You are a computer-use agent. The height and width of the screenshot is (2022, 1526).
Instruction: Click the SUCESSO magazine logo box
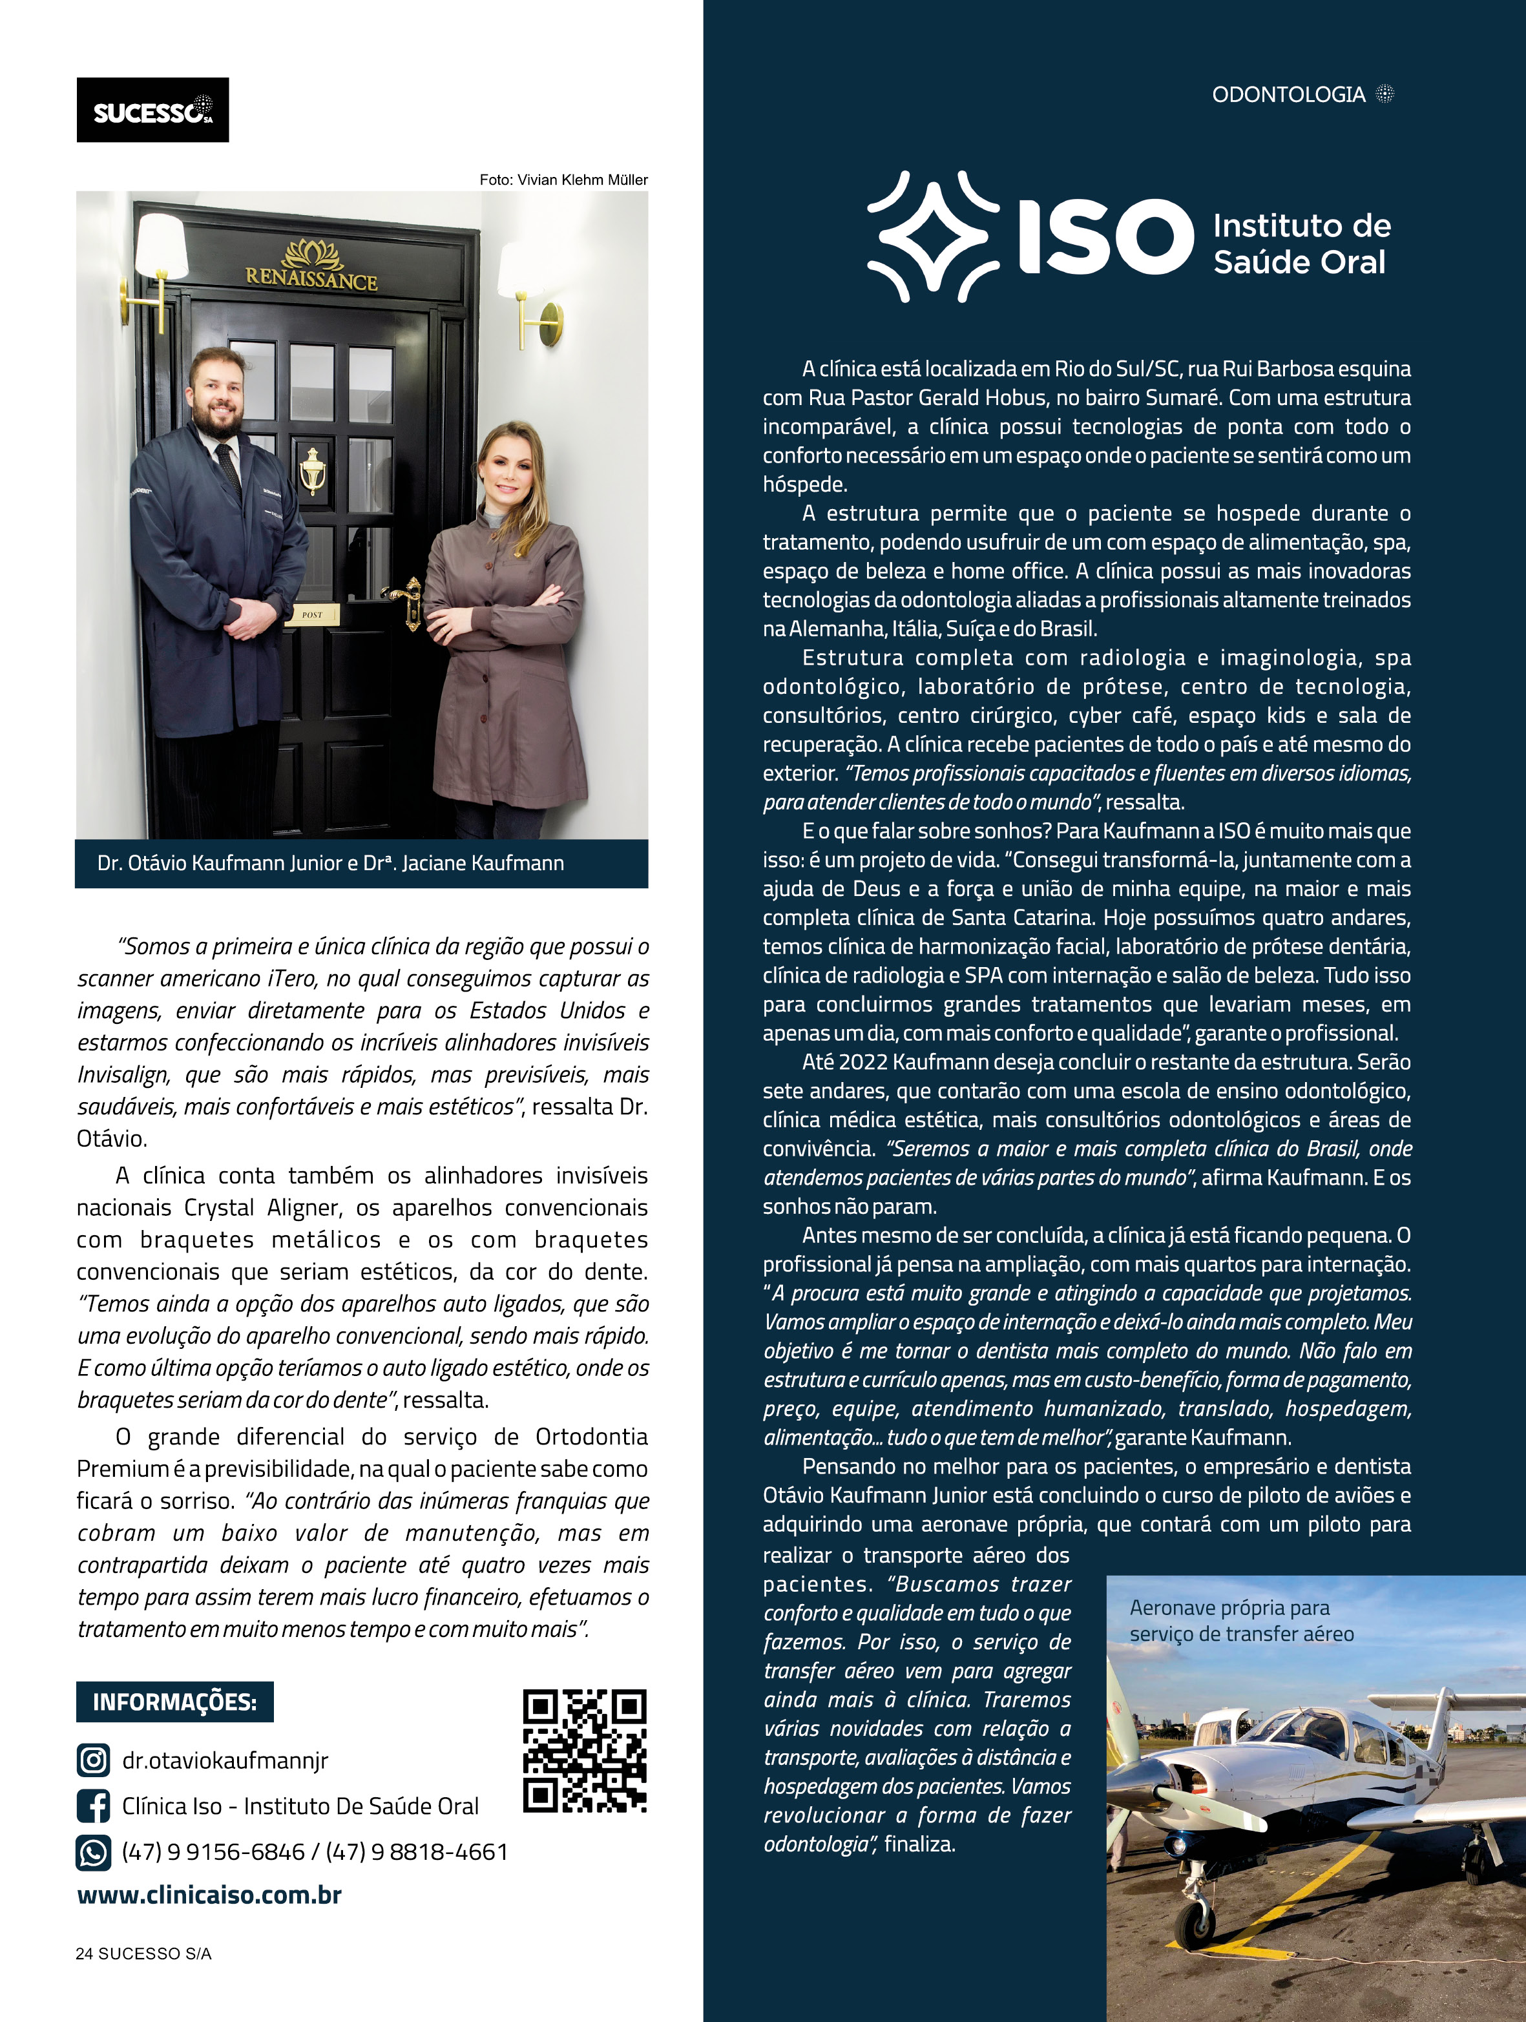(152, 110)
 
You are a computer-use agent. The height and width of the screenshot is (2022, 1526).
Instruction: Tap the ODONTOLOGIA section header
(1288, 94)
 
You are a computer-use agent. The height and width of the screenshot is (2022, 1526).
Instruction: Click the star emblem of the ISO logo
(933, 236)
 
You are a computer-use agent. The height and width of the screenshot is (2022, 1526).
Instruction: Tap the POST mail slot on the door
(312, 615)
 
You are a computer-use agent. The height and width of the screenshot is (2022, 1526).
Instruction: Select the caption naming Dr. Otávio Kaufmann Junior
(330, 863)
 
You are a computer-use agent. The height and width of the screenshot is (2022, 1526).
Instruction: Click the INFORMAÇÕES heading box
(174, 1702)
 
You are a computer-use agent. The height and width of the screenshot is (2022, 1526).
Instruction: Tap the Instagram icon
(93, 1760)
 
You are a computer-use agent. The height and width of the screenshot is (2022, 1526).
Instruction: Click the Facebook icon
(93, 1806)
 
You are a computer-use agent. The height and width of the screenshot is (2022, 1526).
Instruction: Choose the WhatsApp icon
(93, 1852)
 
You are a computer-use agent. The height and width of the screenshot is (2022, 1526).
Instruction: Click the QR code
(584, 1751)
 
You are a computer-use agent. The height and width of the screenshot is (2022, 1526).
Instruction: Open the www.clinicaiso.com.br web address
(209, 1895)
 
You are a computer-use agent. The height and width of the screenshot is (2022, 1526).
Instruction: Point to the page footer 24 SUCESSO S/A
(143, 1954)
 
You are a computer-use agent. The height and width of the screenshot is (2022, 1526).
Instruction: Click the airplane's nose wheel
(1196, 1923)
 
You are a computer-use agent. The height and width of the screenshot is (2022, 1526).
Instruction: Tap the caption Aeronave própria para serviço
(1240, 1621)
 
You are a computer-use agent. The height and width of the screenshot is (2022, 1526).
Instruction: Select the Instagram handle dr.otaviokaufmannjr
(225, 1760)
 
